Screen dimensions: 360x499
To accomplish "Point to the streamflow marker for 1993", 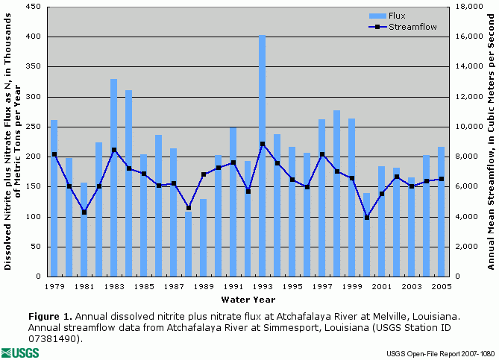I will pos(263,144).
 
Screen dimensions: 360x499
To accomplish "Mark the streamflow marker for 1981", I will pos(84,212).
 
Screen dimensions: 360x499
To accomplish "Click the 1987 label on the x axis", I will pos(173,286).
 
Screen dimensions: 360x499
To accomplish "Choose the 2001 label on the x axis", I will pos(381,286).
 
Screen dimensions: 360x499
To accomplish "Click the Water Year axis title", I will pos(247,300).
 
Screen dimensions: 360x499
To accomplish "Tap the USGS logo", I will pos(20,352).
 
